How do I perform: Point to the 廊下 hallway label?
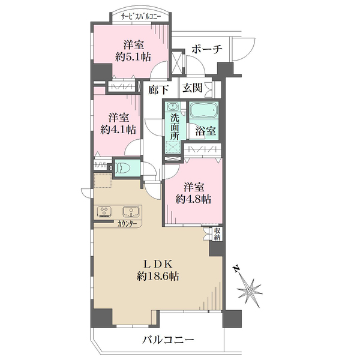click(x=158, y=89)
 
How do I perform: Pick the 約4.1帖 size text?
click(x=118, y=129)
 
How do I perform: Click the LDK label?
click(x=158, y=263)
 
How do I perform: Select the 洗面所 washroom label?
click(x=174, y=127)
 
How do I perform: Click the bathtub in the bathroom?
click(x=205, y=112)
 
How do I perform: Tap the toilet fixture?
click(x=123, y=168)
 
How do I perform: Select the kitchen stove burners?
click(x=103, y=211)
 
